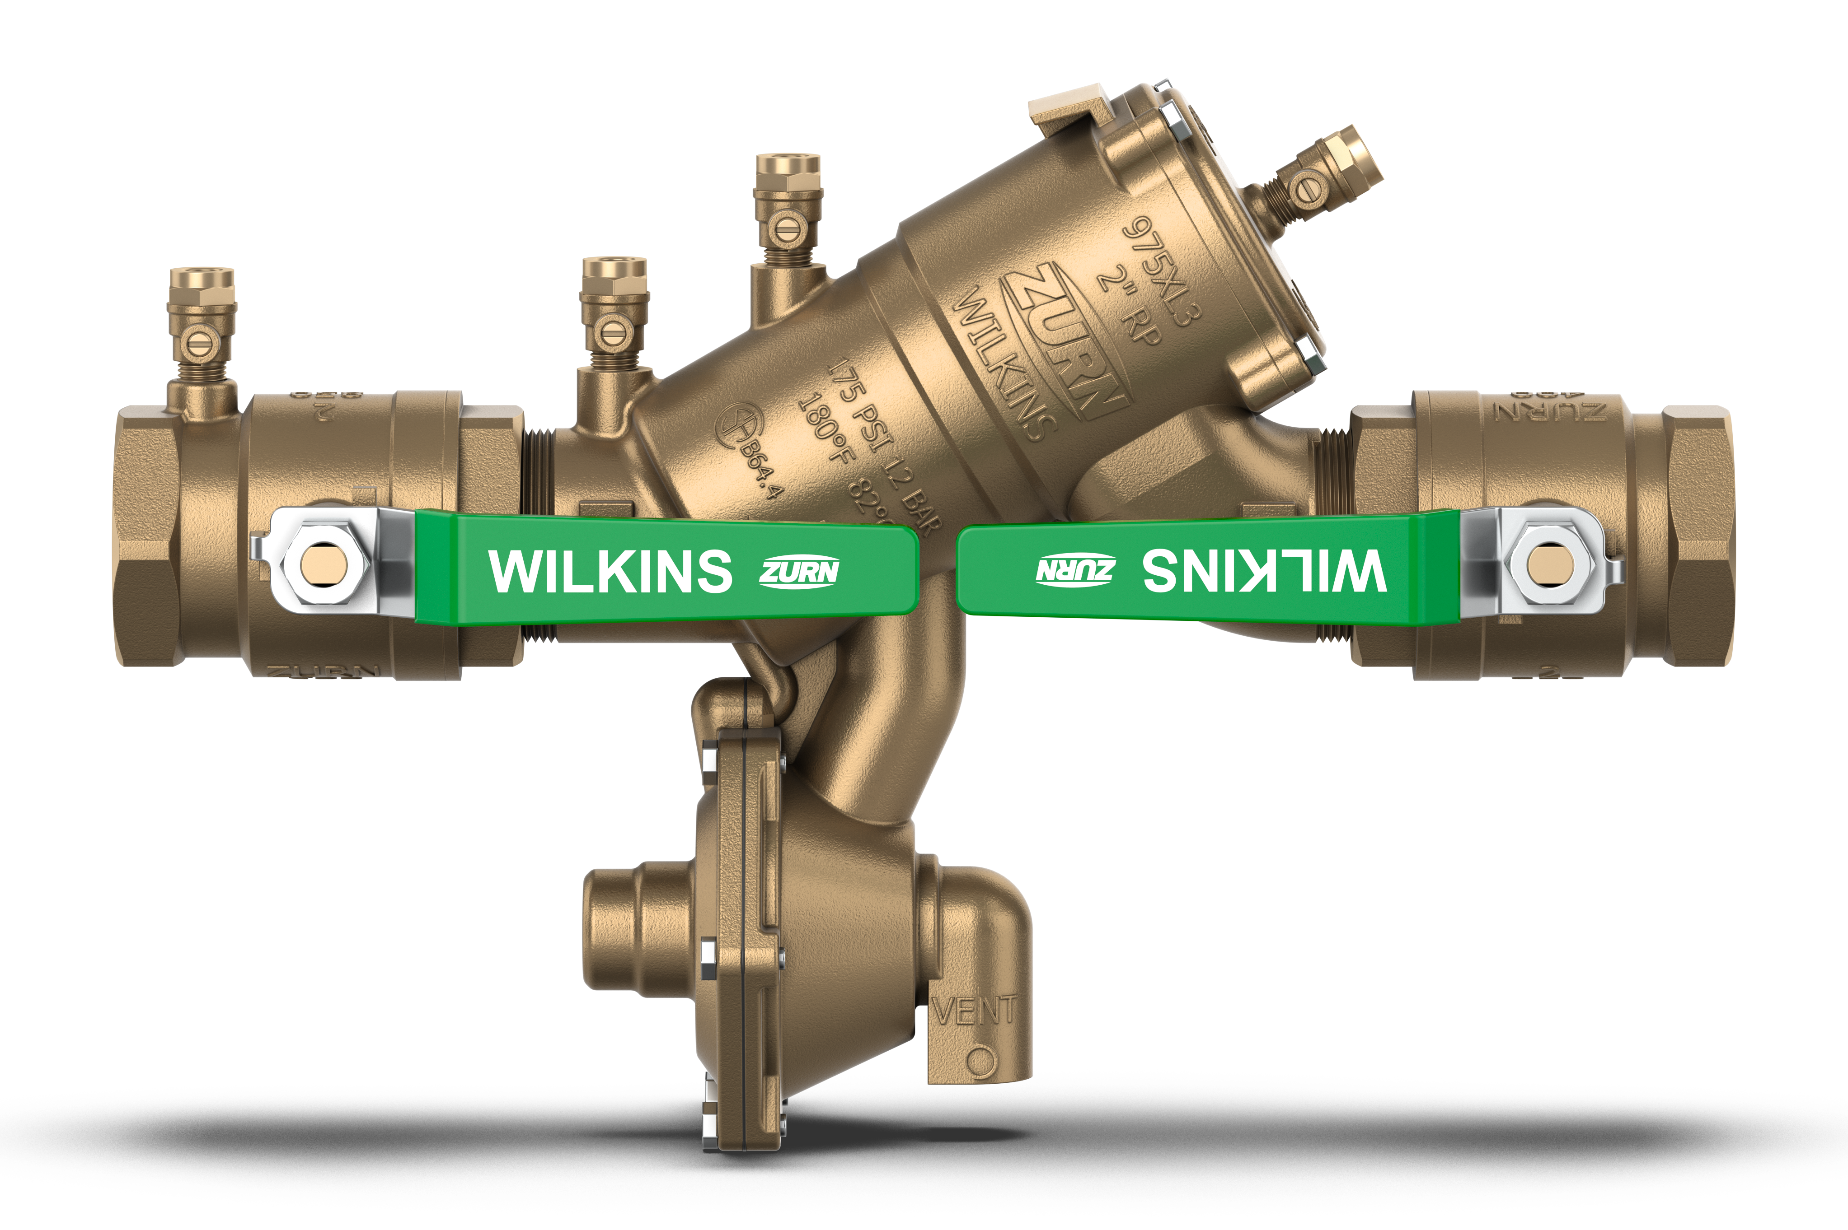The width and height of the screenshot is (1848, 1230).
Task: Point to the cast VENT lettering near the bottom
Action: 977,1011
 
